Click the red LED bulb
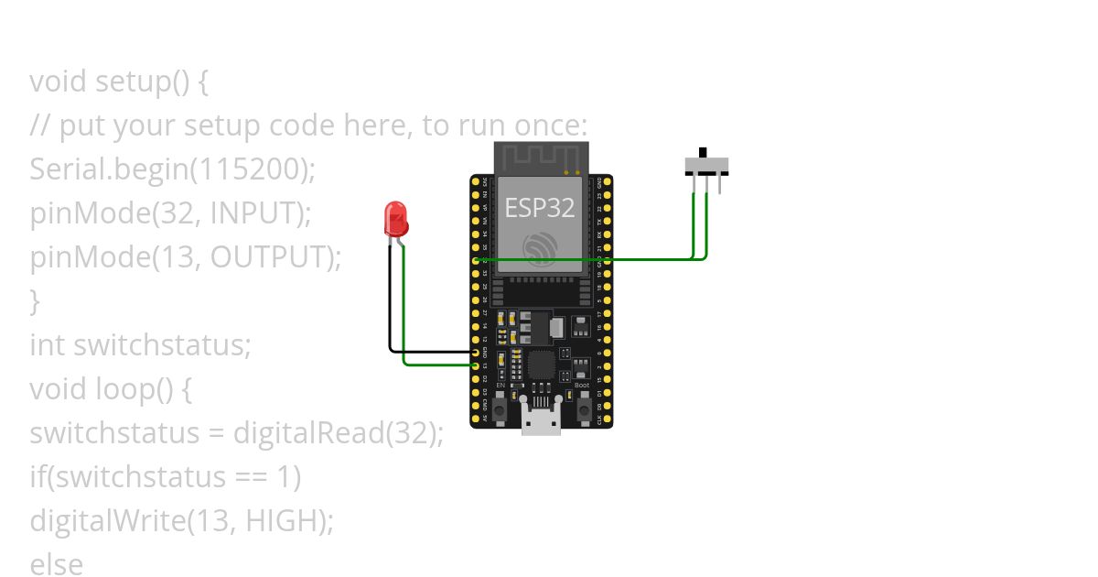(x=396, y=218)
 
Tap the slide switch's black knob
(x=703, y=152)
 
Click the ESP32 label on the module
(x=540, y=207)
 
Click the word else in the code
(x=56, y=564)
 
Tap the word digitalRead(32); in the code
(x=338, y=433)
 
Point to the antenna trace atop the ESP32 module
(x=538, y=155)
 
